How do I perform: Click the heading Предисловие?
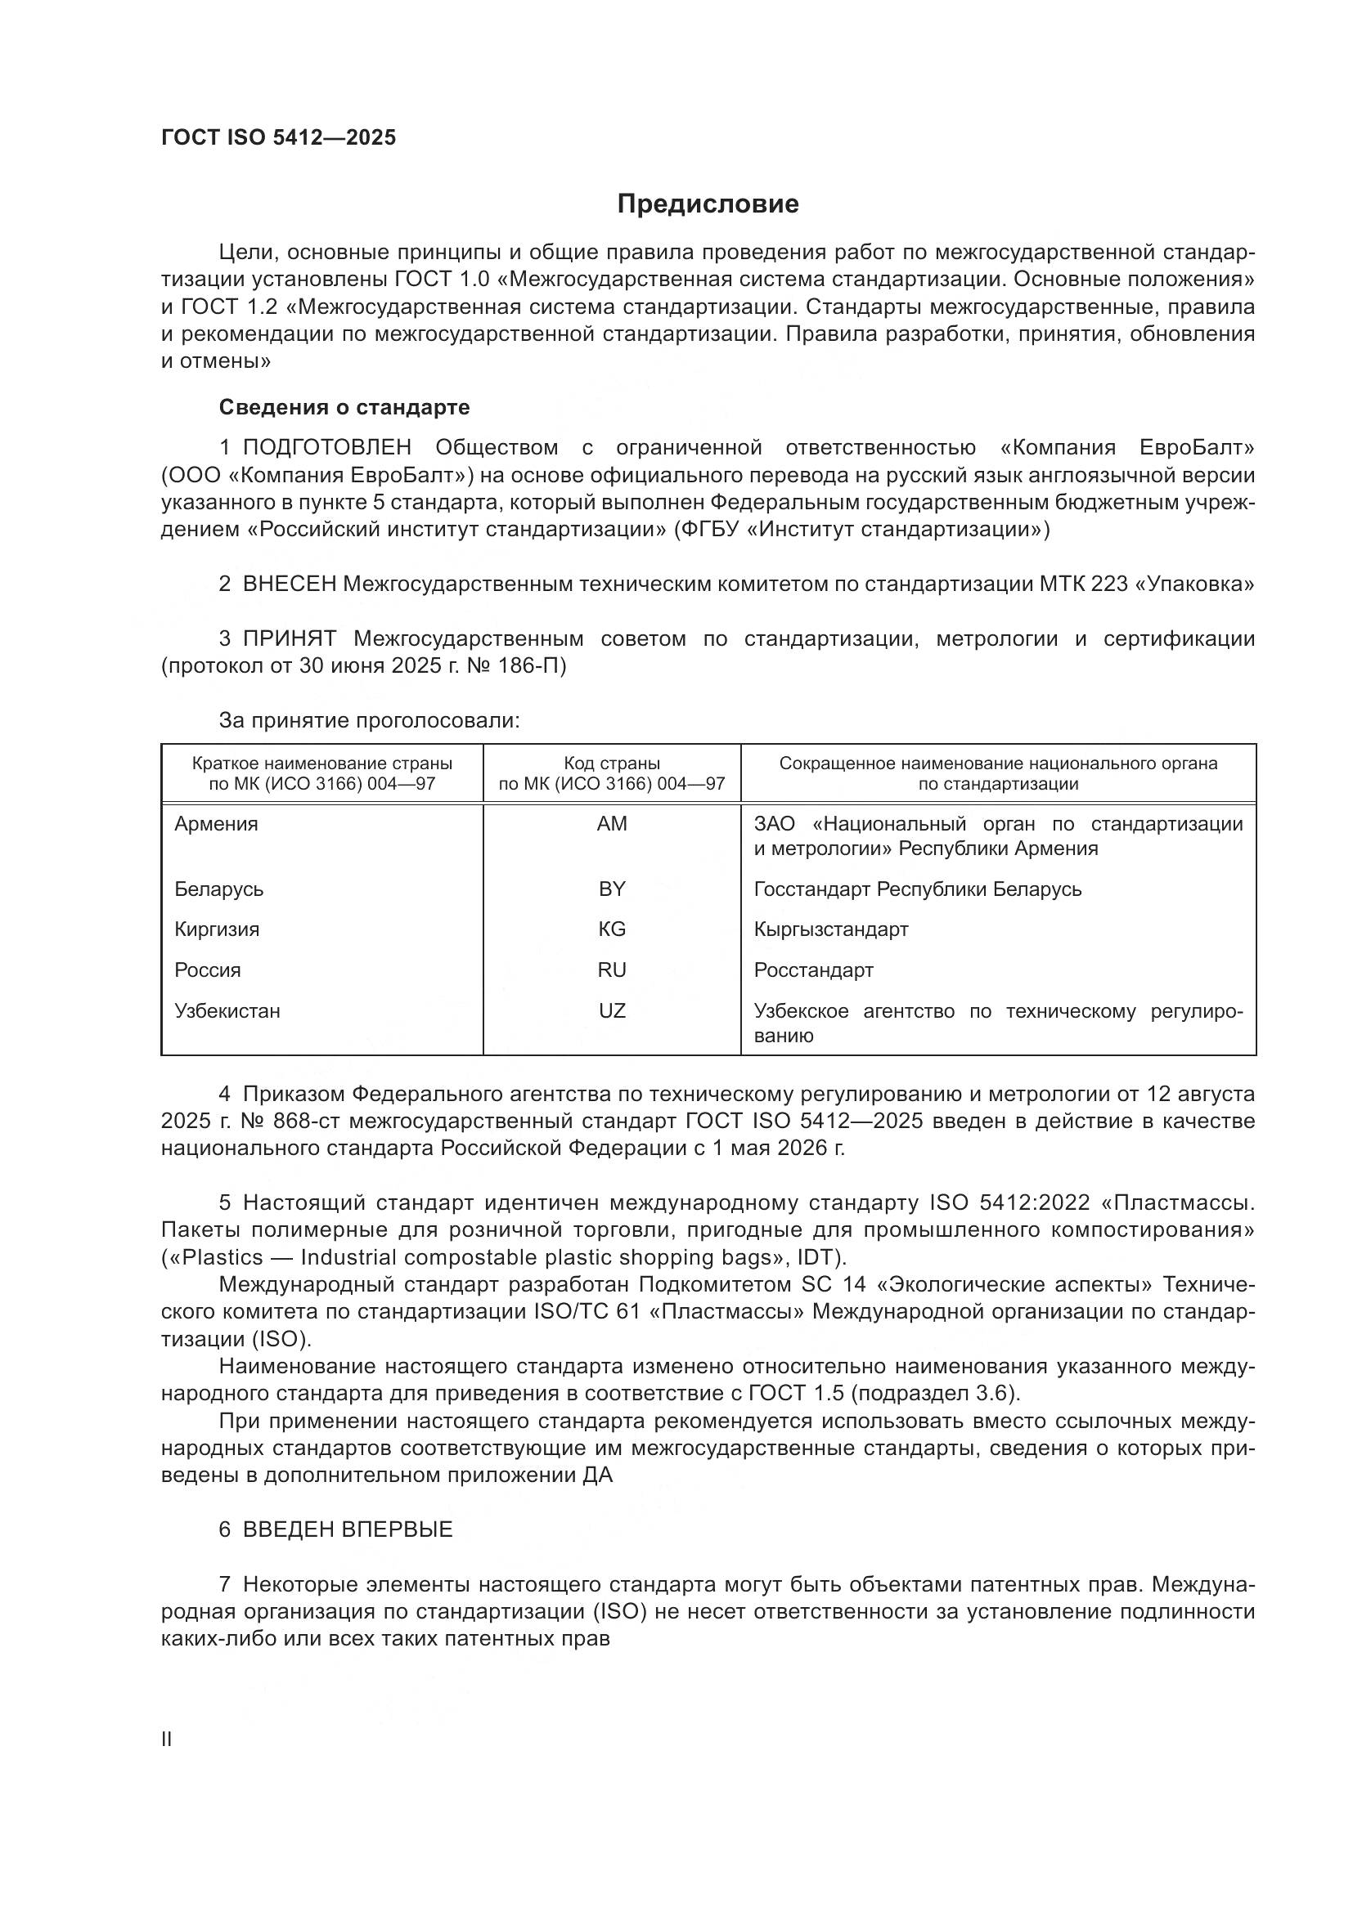pos(708,204)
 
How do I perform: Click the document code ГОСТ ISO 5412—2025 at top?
pos(278,137)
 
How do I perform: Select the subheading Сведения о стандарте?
pos(344,407)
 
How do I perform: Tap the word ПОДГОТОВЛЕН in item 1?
pos(326,448)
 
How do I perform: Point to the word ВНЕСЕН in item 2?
pos(289,584)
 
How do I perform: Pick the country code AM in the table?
pos(612,824)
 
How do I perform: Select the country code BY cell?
pos(612,889)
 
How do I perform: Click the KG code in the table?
pos(612,929)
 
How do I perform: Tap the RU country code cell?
pos(612,970)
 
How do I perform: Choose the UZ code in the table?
pos(612,1011)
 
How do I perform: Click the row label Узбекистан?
pos(227,1011)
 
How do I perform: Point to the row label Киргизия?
pos(217,929)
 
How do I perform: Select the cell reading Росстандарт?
pos(813,970)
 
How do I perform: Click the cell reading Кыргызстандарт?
pos(830,929)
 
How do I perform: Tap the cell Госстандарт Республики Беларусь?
pos(917,889)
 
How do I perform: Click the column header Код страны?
pos(612,763)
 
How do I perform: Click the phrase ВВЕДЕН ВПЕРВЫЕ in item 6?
pos(348,1529)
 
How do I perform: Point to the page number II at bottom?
pos(167,1740)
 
